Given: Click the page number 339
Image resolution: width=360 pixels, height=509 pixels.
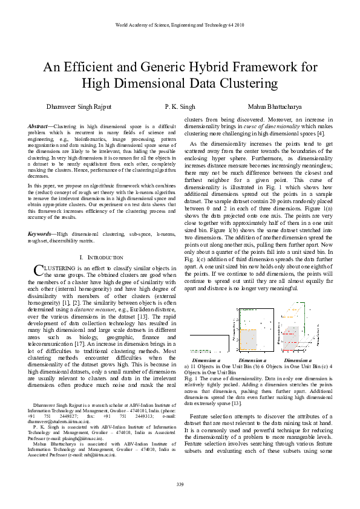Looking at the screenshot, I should click(x=180, y=485).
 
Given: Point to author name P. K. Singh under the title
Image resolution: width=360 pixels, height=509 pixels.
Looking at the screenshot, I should click(x=180, y=106).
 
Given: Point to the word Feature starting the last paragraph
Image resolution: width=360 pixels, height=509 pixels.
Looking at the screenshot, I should click(x=201, y=417).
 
